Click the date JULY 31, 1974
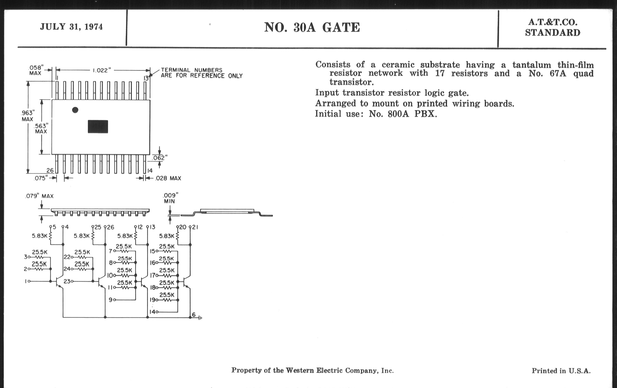coord(71,27)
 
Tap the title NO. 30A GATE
coord(312,27)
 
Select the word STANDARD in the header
coord(552,33)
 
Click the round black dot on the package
coord(75,110)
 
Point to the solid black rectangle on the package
coord(98,127)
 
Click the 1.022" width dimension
coord(102,70)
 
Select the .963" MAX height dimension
coord(28,116)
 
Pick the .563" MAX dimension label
coord(41,128)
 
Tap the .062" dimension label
coord(159,158)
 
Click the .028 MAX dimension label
coord(168,178)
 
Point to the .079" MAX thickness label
coord(39,196)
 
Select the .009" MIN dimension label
coord(170,198)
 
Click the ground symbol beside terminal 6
coord(200,318)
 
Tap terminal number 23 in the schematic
coord(67,281)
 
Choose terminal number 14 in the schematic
coord(152,312)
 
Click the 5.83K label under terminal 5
coord(40,236)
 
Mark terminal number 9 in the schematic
coord(110,299)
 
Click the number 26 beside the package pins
coord(50,170)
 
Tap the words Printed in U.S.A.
coord(561,371)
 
